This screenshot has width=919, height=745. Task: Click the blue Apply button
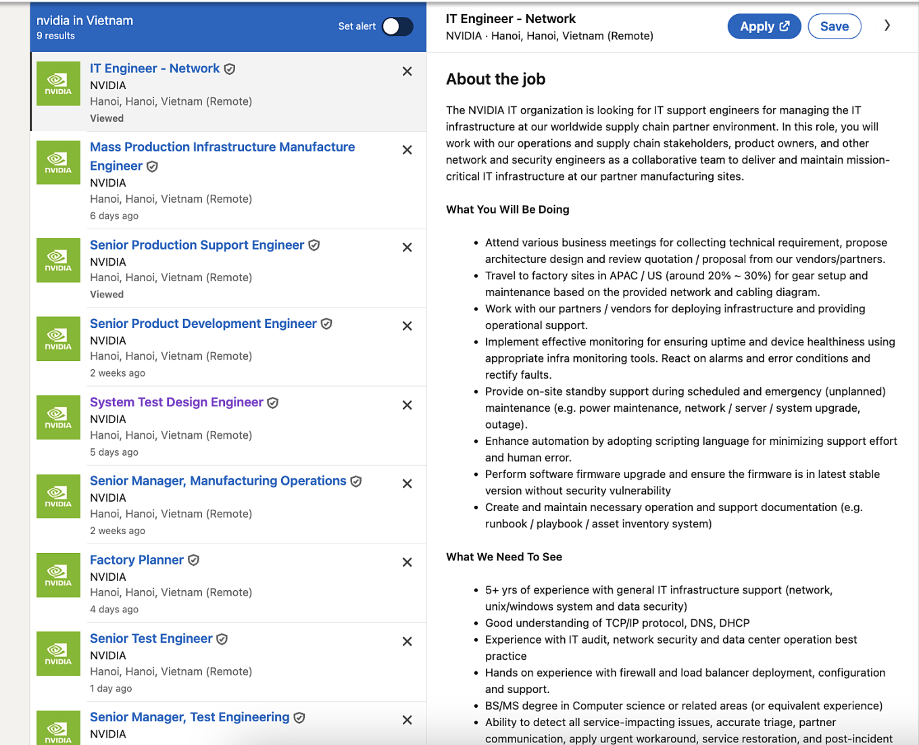click(x=764, y=26)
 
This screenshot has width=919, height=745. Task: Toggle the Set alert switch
click(x=397, y=26)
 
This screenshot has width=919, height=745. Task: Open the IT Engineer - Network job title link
click(x=155, y=68)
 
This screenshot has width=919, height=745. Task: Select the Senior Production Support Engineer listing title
click(x=197, y=245)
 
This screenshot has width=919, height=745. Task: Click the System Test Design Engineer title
click(x=176, y=402)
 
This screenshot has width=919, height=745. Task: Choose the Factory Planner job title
click(x=136, y=560)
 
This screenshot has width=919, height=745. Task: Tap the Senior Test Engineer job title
click(x=151, y=638)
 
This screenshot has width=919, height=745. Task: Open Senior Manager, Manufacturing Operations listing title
click(x=218, y=481)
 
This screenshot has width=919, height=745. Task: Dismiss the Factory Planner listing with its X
click(x=407, y=562)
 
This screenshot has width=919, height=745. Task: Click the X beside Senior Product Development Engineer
click(x=407, y=326)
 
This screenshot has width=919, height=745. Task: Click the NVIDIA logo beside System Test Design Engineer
click(x=58, y=418)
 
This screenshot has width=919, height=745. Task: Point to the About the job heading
click(x=495, y=79)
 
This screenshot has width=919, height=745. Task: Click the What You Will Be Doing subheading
click(x=507, y=210)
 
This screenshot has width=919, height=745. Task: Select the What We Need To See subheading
click(x=504, y=557)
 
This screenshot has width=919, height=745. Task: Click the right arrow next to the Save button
click(x=887, y=26)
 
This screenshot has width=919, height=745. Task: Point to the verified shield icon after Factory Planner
click(x=194, y=560)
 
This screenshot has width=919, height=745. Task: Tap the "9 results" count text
click(x=55, y=36)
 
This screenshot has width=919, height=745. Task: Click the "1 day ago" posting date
click(x=111, y=688)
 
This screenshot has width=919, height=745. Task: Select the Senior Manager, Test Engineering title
click(x=189, y=717)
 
